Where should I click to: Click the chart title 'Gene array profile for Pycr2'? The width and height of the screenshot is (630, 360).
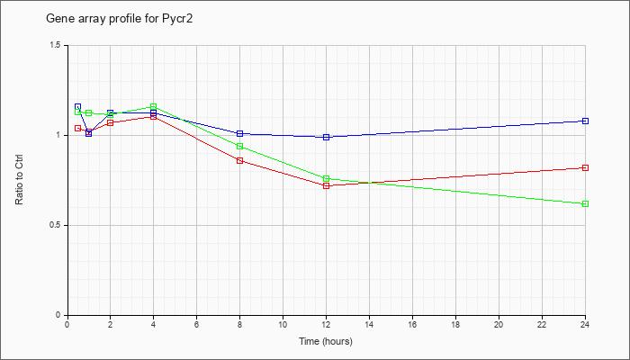[x=120, y=19]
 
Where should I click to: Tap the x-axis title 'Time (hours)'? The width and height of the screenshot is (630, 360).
[x=326, y=341]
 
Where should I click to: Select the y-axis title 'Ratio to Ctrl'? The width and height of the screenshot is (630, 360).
[x=19, y=180]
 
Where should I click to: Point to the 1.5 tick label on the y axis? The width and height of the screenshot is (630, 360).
[x=57, y=45]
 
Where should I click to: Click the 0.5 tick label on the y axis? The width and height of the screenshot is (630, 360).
[x=57, y=225]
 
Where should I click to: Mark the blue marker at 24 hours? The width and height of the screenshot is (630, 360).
[x=585, y=121]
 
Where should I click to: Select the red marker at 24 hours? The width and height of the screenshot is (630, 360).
[x=585, y=168]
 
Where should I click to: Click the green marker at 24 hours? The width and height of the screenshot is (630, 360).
[x=585, y=204]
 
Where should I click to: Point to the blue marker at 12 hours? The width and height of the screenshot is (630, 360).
[x=326, y=137]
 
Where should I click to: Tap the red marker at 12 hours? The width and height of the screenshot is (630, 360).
[x=326, y=185]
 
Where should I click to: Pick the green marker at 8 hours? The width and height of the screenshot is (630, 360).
[x=240, y=146]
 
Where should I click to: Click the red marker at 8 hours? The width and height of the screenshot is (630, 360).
[x=240, y=161]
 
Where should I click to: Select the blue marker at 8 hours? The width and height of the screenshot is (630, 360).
[x=240, y=133]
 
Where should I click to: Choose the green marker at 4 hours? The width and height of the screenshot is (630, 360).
[x=154, y=106]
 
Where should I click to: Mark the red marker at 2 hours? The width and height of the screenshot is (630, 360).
[x=110, y=122]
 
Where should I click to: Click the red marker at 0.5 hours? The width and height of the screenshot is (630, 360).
[x=78, y=128]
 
